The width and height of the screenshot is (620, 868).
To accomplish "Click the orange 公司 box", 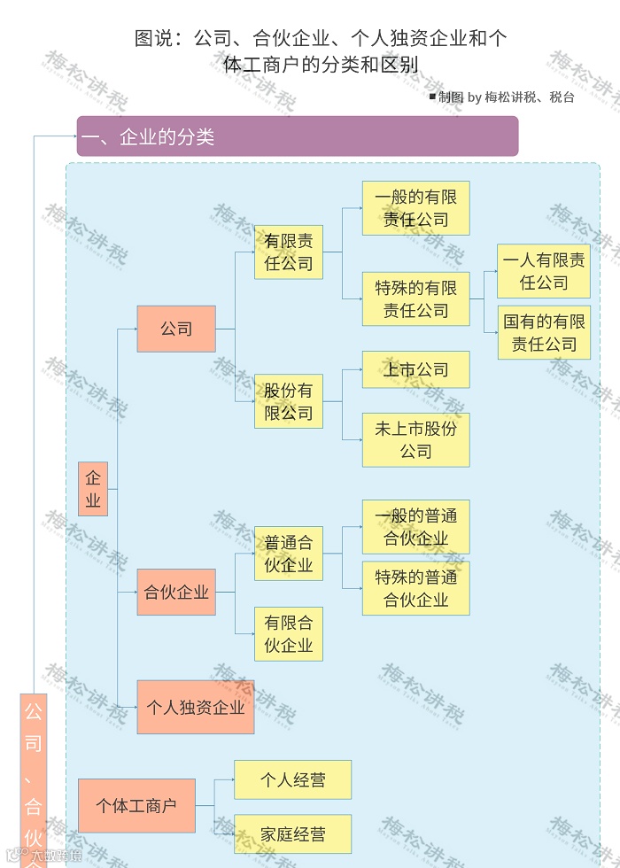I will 176,329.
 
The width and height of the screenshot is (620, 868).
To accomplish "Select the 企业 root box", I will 93,489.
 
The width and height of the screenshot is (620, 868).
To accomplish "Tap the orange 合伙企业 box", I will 176,593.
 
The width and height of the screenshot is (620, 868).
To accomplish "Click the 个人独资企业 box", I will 195,707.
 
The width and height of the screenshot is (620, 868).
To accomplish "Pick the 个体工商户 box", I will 136,806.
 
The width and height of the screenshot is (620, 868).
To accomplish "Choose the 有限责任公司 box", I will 289,252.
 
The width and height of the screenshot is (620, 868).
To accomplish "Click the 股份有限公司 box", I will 289,401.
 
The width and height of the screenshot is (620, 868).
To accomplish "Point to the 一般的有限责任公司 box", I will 415,208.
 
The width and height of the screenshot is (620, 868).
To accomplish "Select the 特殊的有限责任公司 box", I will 415,299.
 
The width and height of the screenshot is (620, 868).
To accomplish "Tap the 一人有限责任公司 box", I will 544,271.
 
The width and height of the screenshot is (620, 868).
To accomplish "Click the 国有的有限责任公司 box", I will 544,333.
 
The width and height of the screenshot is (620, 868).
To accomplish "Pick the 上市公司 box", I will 415,369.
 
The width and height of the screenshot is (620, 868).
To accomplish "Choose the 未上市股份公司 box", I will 415,439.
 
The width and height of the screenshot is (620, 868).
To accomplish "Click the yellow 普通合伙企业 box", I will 289,554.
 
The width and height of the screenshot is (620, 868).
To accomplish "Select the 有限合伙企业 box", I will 289,634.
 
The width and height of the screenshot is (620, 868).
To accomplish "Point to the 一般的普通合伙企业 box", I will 415,527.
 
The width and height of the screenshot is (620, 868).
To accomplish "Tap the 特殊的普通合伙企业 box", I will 415,588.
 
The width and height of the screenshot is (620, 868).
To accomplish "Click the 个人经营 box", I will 292,779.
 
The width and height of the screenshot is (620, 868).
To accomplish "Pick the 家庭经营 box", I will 292,834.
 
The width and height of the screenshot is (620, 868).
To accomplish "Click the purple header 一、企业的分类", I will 297,136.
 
